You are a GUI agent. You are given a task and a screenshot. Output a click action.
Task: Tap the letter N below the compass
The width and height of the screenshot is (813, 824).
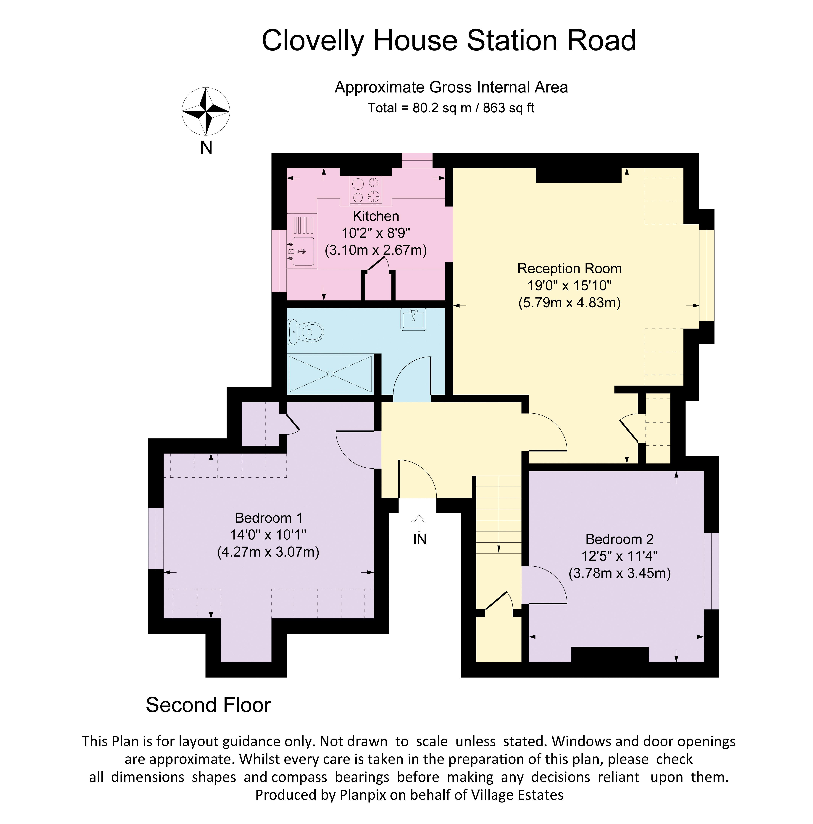(x=206, y=148)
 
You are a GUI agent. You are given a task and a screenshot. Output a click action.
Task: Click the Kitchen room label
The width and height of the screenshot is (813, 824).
(x=376, y=216)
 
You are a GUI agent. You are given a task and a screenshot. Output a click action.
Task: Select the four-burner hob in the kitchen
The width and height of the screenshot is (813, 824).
(x=365, y=190)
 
